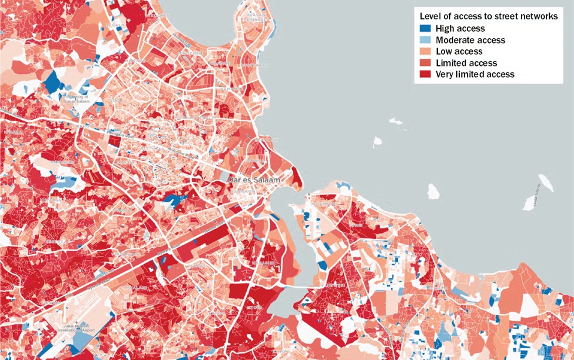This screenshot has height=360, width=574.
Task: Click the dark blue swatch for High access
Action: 425,29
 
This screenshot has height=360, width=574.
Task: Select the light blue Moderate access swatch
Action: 425,40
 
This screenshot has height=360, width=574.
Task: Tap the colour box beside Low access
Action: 425,52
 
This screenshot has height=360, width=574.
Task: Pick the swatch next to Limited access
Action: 425,63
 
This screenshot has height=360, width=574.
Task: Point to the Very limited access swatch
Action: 425,74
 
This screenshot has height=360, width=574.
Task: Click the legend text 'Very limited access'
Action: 475,74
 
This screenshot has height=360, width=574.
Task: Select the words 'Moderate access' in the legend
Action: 470,40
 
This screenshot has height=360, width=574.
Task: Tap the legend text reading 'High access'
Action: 460,29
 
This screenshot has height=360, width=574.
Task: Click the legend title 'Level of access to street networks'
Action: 488,16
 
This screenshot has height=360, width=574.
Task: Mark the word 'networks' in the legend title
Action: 540,16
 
